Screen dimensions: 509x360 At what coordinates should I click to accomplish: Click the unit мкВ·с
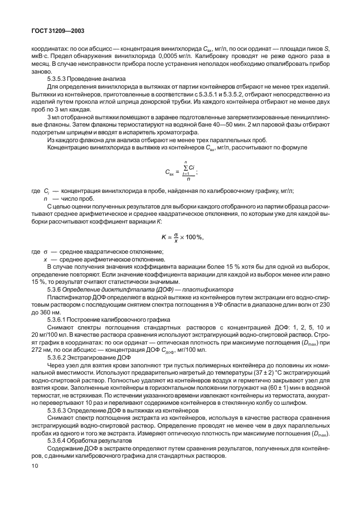(x=40, y=56)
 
